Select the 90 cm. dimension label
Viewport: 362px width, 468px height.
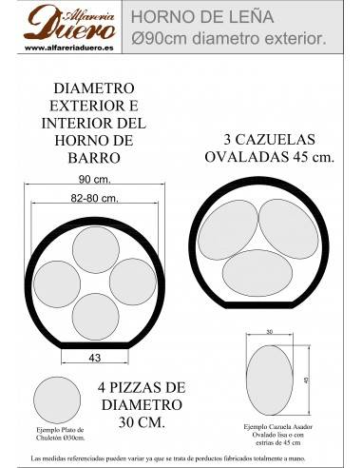(x=91, y=178)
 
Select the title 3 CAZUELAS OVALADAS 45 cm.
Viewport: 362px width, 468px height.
(x=269, y=147)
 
